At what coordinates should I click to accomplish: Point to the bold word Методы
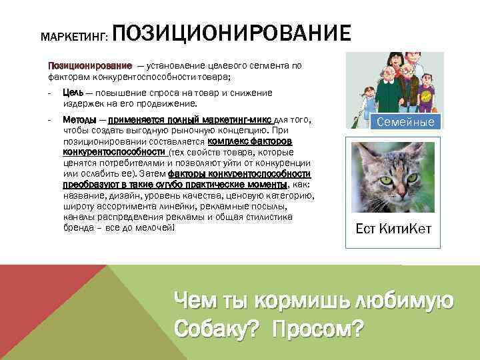click(x=79, y=119)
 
